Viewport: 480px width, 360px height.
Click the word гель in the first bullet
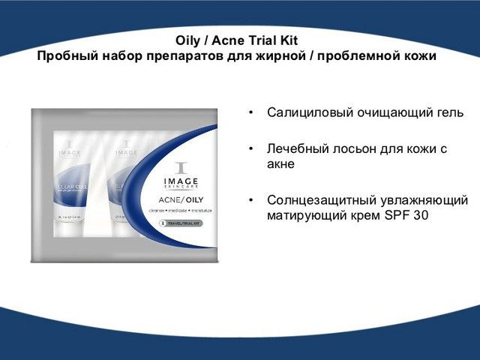tap(447, 113)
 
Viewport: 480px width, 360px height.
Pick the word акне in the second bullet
tap(281, 163)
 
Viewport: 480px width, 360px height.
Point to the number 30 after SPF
tap(425, 216)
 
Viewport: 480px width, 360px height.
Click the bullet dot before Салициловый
tap(251, 114)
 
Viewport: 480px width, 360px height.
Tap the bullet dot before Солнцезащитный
tap(251, 202)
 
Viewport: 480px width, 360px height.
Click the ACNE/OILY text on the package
tap(178, 199)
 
